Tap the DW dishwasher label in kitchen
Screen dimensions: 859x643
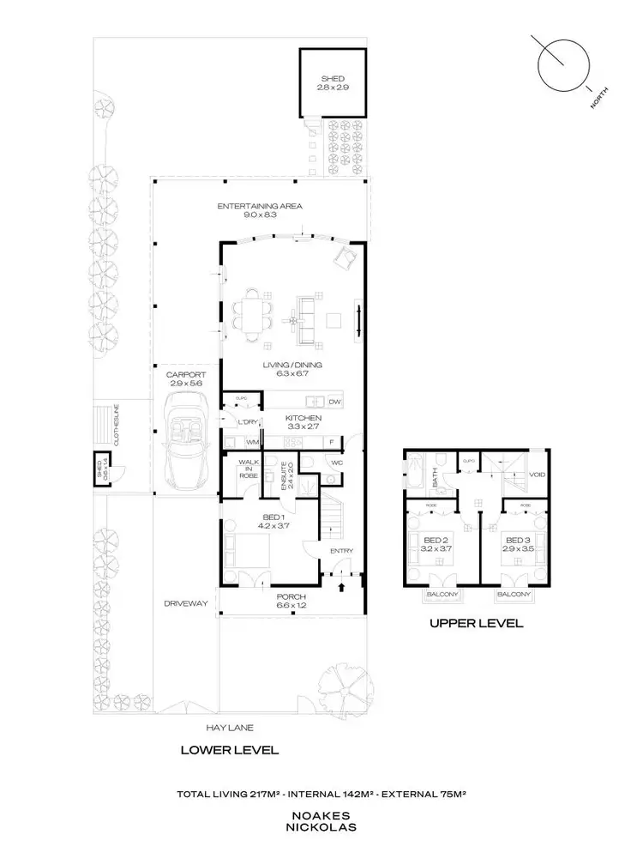(334, 402)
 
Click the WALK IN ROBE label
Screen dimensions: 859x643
(248, 469)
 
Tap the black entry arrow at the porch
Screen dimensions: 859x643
(342, 588)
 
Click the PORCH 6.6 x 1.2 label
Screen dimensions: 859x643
(292, 601)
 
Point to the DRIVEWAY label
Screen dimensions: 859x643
(187, 603)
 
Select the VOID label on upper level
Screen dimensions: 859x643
(538, 474)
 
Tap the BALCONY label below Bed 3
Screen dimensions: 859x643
(514, 594)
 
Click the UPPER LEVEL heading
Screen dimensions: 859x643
(476, 624)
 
